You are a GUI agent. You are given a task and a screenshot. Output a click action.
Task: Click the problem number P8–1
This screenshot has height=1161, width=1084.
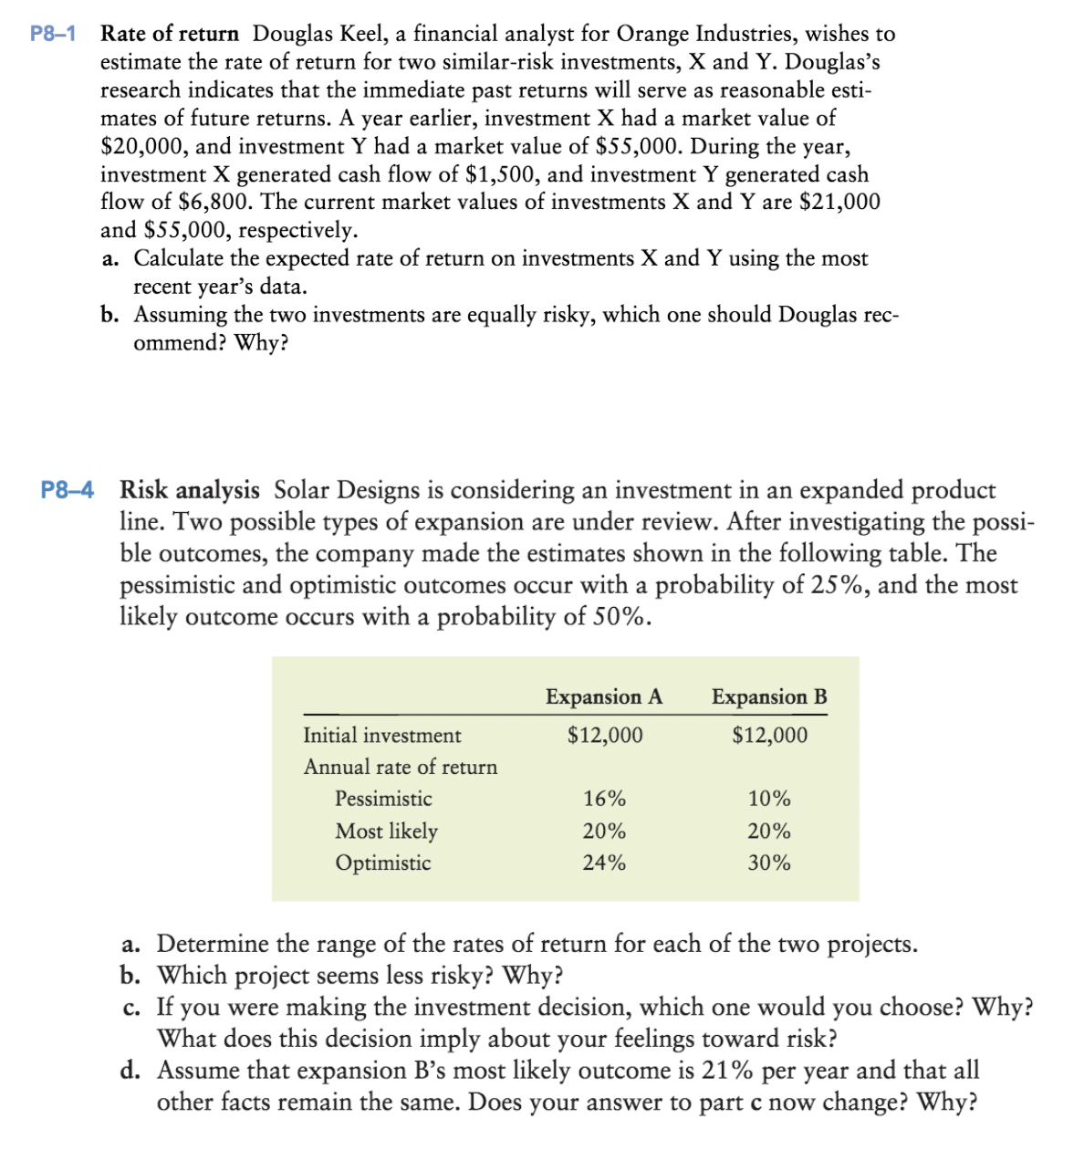click(53, 35)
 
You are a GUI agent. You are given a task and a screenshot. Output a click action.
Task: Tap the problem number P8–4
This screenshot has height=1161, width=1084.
click(68, 490)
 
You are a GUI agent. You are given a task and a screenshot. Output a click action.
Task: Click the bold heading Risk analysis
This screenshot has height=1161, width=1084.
click(190, 490)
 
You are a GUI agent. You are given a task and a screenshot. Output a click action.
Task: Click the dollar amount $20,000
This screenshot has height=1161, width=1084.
click(143, 147)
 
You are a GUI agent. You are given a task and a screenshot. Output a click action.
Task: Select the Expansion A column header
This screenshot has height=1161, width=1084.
click(604, 697)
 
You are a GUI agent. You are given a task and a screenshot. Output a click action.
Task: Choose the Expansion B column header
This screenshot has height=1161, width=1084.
click(769, 697)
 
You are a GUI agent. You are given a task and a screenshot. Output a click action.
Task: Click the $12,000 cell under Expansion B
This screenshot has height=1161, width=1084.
click(769, 736)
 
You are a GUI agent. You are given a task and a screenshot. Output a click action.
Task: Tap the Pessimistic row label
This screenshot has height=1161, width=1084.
click(383, 800)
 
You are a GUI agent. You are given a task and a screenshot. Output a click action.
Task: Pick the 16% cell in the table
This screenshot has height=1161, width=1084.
click(604, 800)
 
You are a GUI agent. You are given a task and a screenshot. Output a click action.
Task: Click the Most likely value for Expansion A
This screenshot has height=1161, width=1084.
click(604, 832)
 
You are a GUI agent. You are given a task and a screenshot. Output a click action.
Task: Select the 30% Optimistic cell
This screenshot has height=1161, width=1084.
click(769, 863)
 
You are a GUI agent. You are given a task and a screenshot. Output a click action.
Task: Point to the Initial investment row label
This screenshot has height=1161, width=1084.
click(382, 736)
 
